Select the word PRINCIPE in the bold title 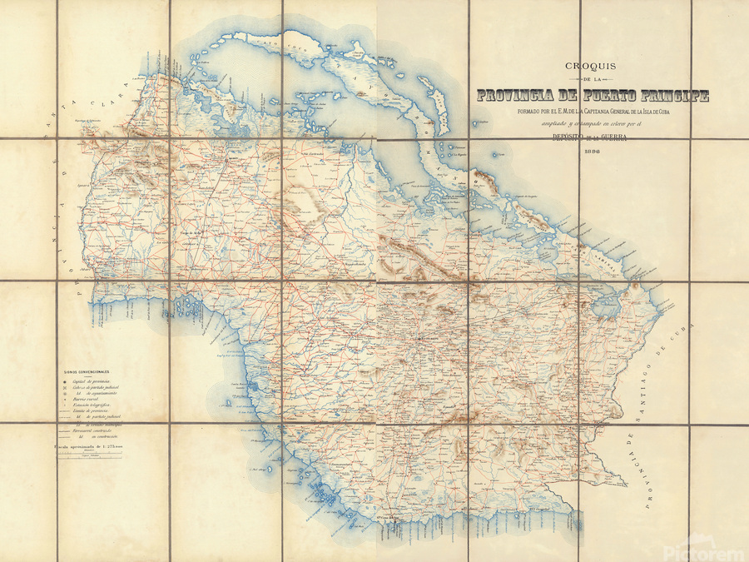click(670, 96)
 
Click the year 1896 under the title click(592, 152)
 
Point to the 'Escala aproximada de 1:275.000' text click(93, 446)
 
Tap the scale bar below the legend click(93, 455)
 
